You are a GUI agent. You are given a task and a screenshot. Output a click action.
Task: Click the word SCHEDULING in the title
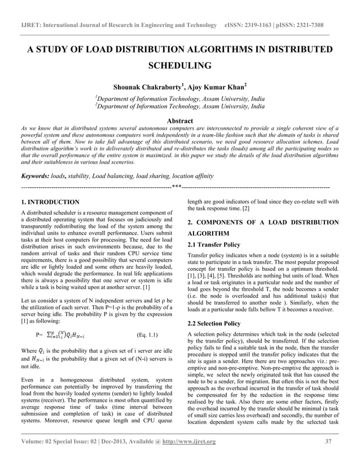pos(179,66)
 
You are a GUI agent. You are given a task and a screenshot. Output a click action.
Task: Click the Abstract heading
pos(179,121)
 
